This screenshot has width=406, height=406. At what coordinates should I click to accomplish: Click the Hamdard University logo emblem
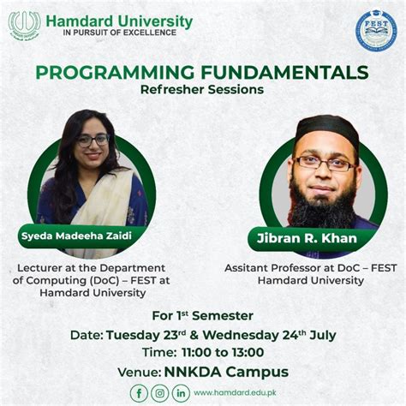point(24,24)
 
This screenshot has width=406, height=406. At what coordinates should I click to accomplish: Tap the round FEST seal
point(376,30)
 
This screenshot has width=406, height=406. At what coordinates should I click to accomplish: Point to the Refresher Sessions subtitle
point(202,89)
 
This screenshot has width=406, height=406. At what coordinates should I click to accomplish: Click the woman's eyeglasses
point(92,140)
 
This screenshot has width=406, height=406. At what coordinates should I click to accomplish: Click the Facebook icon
point(139,392)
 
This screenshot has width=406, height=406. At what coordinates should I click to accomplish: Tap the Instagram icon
point(160,392)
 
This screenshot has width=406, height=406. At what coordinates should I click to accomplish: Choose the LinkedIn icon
point(181,392)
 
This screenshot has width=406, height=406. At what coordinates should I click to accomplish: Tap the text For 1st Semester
point(202,314)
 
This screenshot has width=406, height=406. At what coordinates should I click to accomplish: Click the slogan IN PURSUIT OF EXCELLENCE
point(120,33)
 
